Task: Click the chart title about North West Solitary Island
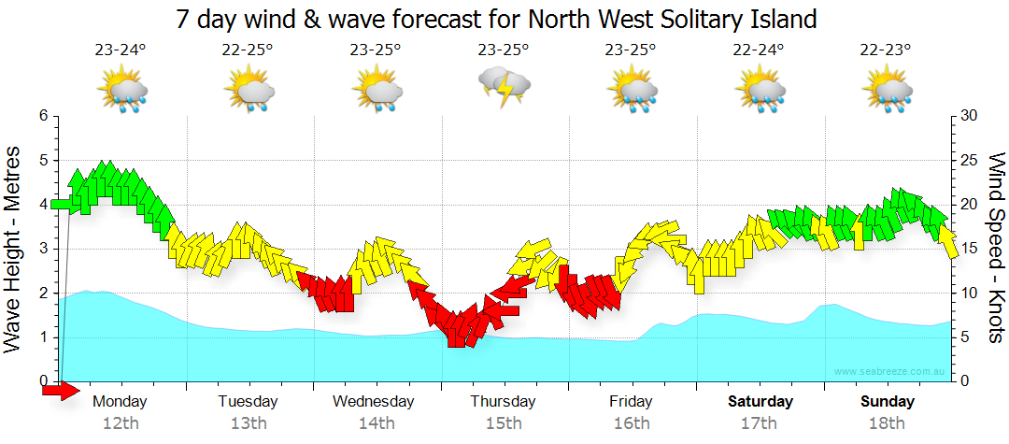tap(496, 19)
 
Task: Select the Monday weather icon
tap(121, 91)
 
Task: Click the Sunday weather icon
tap(887, 91)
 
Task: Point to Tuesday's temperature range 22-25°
tap(248, 50)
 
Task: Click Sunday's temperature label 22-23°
tap(887, 50)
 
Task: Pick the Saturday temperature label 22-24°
tap(759, 50)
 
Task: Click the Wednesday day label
tap(373, 402)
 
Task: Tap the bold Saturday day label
tap(760, 402)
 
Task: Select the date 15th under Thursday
tap(504, 423)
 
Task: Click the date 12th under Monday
tap(121, 423)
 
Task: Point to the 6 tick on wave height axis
tap(42, 116)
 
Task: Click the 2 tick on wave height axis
tap(42, 294)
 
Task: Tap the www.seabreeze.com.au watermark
tap(890, 371)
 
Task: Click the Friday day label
tap(632, 402)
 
